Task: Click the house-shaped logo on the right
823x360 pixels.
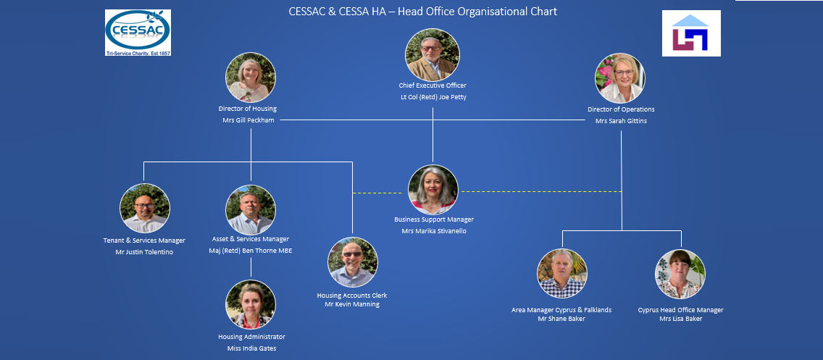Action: tap(690, 33)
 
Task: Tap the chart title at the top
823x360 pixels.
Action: tap(422, 12)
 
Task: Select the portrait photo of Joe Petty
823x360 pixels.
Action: tap(433, 55)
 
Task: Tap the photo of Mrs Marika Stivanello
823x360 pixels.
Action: tap(433, 190)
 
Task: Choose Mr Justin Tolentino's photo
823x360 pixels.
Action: tap(145, 209)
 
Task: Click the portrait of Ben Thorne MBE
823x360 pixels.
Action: tap(251, 210)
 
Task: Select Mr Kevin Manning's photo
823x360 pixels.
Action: tap(353, 262)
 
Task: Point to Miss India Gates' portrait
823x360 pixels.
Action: tap(251, 305)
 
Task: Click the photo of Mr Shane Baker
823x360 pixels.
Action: tap(561, 274)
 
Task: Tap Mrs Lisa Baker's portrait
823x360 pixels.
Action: tap(680, 275)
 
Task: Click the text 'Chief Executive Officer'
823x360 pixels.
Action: tap(433, 85)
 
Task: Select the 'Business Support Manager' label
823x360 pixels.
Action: tap(434, 219)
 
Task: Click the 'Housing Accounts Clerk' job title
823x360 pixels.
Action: tap(352, 296)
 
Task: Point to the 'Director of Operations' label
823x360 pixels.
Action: tap(621, 109)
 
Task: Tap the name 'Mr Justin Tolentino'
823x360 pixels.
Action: tap(144, 252)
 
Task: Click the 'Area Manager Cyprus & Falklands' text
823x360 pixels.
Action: tap(561, 310)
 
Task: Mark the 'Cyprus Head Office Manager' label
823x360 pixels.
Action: tap(680, 310)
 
